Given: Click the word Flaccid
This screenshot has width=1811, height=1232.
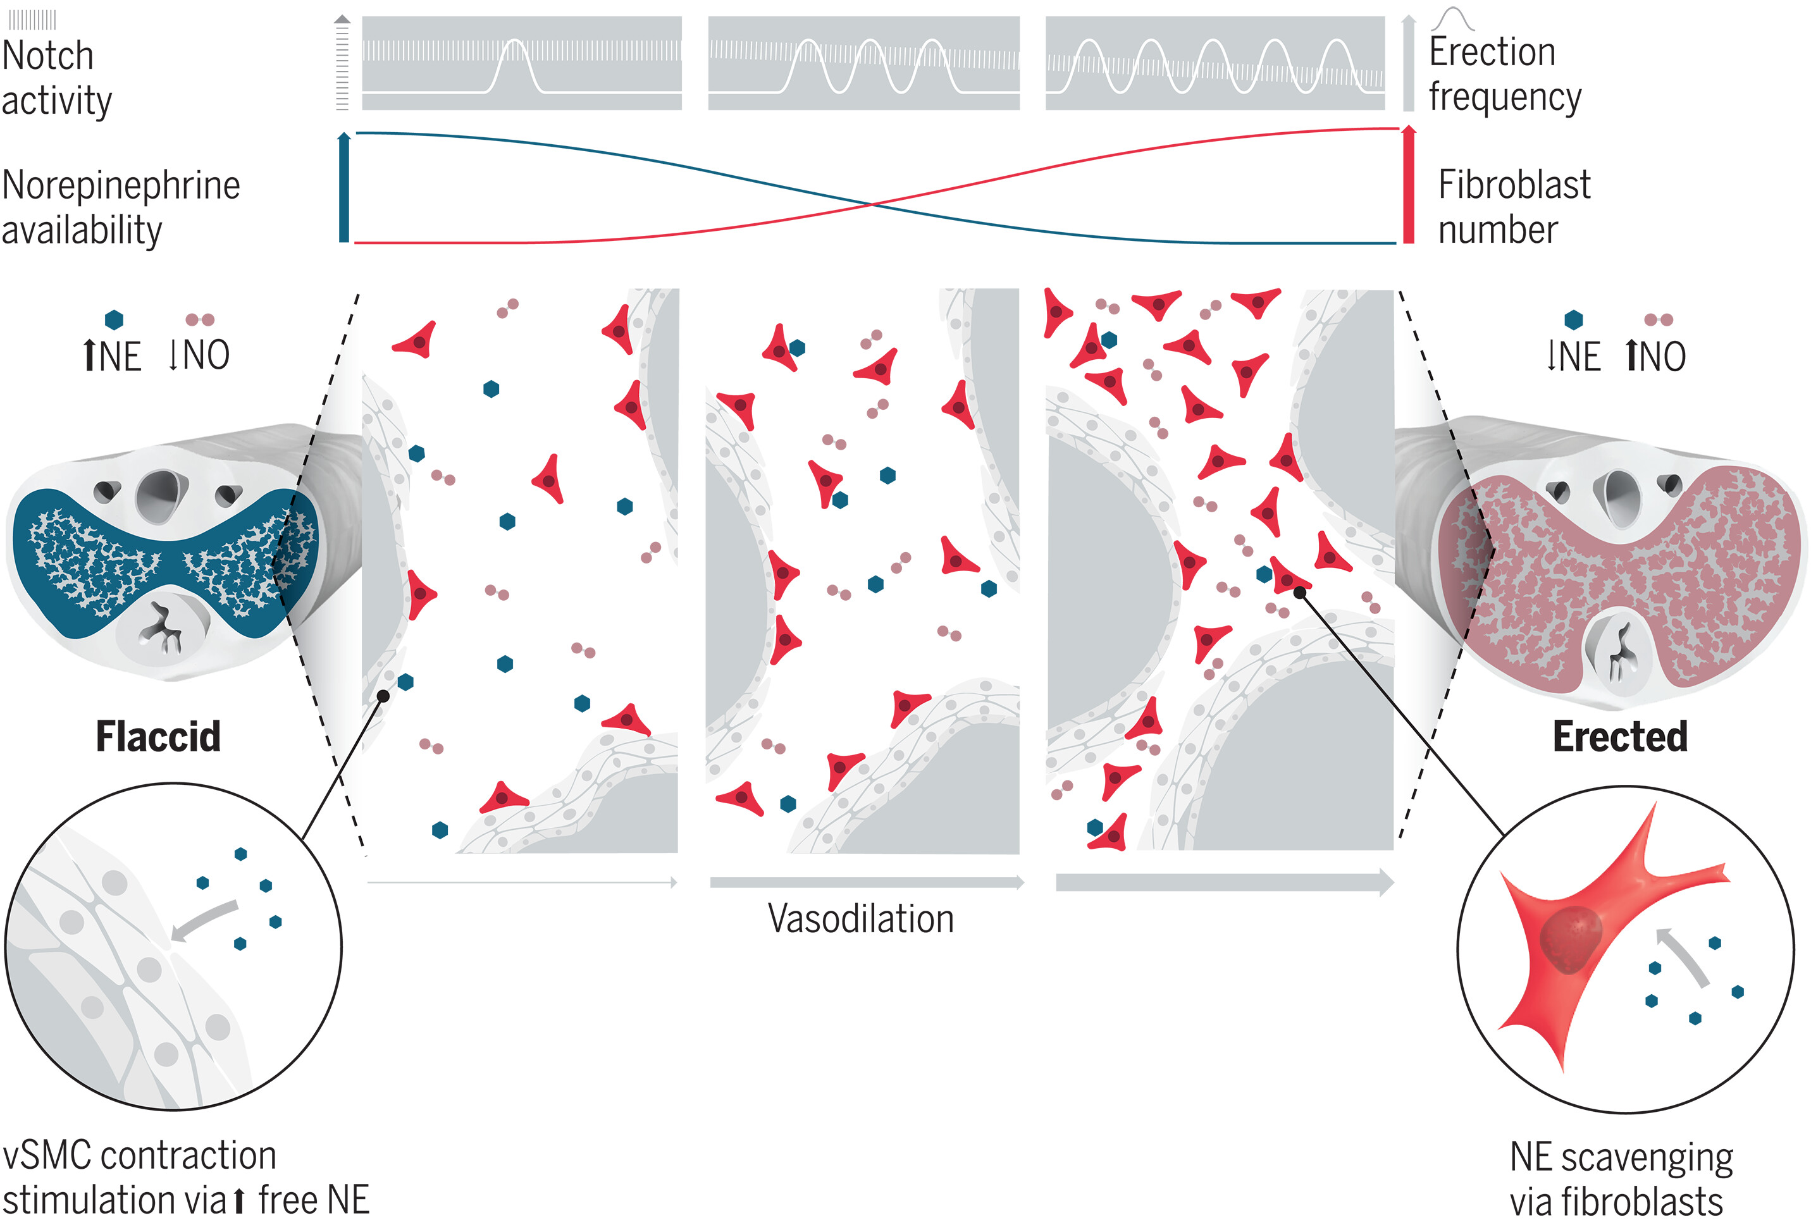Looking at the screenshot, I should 158,736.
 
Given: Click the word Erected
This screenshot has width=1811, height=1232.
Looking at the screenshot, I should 1619,736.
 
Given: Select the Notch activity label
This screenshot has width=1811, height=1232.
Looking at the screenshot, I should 57,78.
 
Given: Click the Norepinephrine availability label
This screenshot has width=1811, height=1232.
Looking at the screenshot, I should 121,207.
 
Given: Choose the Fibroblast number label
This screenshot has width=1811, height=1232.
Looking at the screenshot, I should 1513,207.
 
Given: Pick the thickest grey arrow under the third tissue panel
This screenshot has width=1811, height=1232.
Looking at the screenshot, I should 1223,882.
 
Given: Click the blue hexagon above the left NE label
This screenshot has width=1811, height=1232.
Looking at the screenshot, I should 114,319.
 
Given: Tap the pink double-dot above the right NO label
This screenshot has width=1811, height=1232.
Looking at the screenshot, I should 1659,319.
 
